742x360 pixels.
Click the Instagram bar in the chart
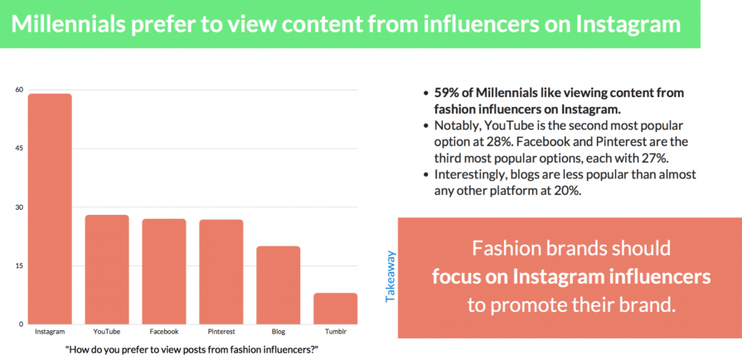(x=50, y=208)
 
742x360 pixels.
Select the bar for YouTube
(x=107, y=269)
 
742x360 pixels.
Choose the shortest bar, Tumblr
(x=335, y=308)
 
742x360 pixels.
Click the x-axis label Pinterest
(x=221, y=332)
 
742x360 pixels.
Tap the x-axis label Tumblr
(x=335, y=332)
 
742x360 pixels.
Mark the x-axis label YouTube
(x=107, y=332)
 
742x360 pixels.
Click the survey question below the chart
(x=192, y=349)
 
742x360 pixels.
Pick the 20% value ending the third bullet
(x=575, y=191)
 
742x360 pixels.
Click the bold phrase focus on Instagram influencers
(x=571, y=275)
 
